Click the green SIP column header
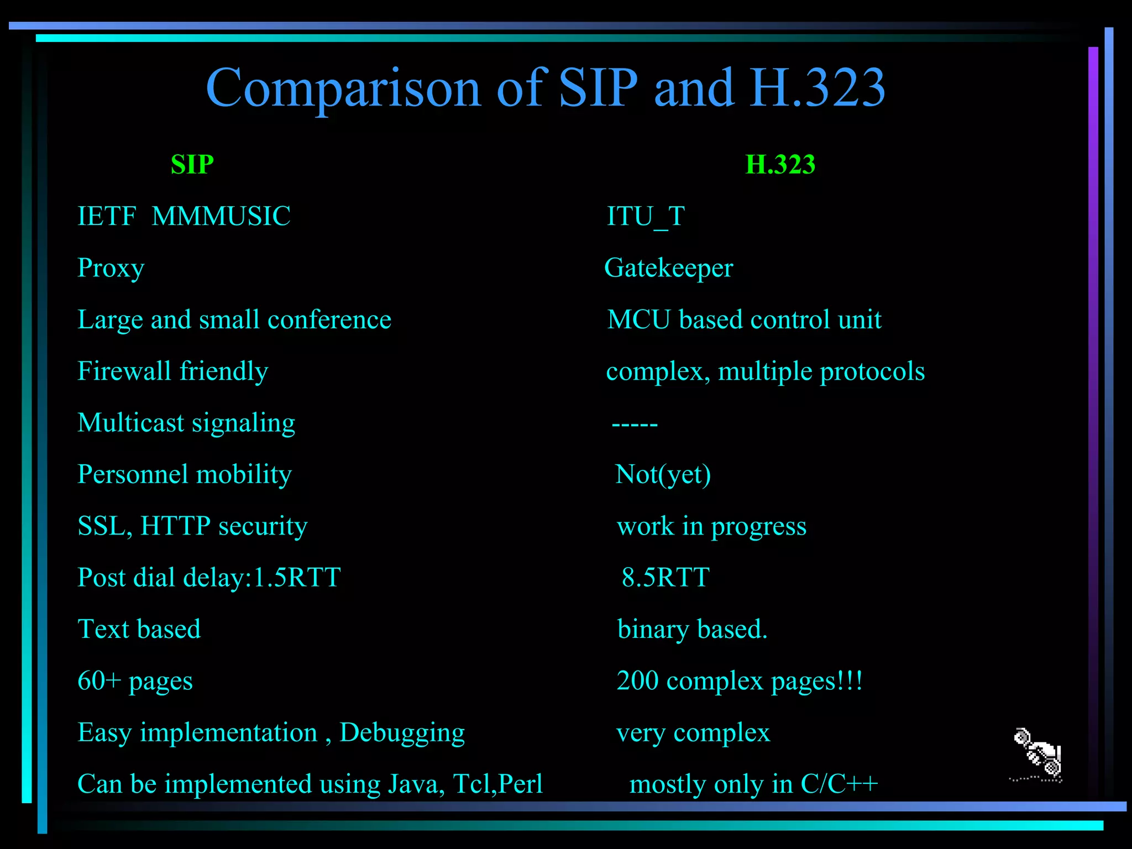(192, 165)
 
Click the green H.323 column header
(780, 165)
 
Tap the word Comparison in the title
(343, 88)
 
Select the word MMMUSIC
(221, 216)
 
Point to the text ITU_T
(646, 216)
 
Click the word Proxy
(111, 269)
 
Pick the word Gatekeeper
(668, 268)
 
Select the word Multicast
(131, 423)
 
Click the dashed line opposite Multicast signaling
(635, 424)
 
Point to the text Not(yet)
(663, 474)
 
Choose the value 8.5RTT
(665, 578)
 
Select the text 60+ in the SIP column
(99, 680)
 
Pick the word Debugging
(402, 733)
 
